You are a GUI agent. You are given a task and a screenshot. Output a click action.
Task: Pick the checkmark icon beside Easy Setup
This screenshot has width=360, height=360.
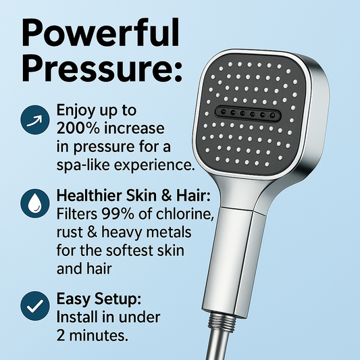click(30, 306)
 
